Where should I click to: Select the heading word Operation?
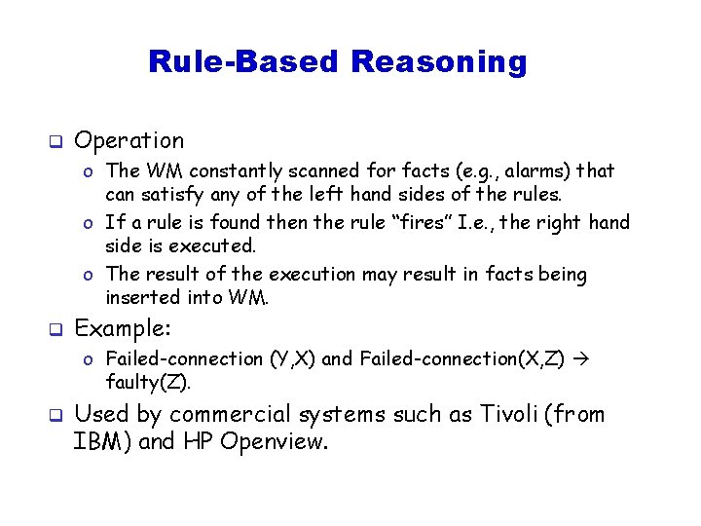129,141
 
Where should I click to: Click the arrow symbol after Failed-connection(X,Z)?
582,358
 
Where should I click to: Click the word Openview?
272,442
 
